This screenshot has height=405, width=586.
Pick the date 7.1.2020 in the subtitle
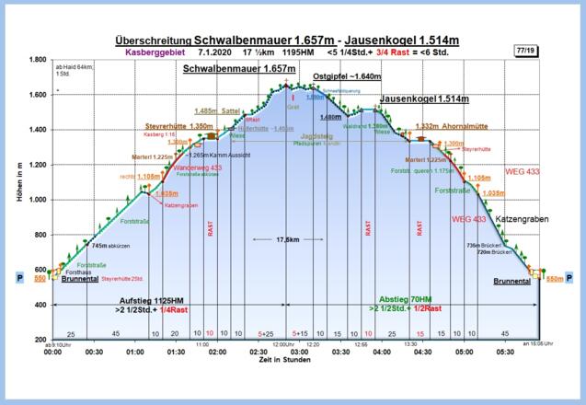pyautogui.click(x=214, y=53)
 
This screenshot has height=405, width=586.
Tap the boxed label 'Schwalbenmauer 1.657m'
pyautogui.click(x=238, y=69)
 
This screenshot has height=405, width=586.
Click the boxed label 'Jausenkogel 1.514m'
pyautogui.click(x=421, y=98)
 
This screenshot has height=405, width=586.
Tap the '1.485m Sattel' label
pyautogui.click(x=217, y=110)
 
